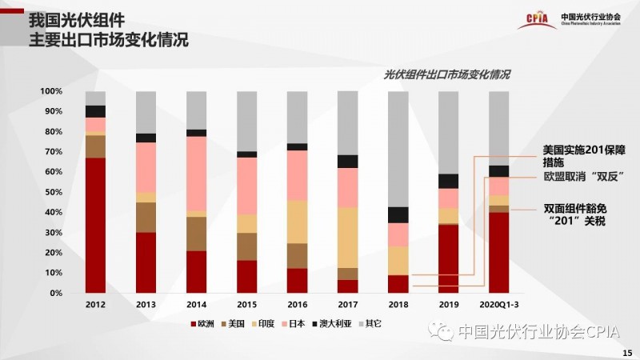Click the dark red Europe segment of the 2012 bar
click(x=96, y=225)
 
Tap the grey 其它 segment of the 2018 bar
click(x=398, y=149)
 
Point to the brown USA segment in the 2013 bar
click(x=146, y=217)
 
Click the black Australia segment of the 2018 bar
click(x=398, y=214)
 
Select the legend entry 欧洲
click(x=202, y=324)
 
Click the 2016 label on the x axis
click(x=298, y=305)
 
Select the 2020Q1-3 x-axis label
click(x=499, y=305)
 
